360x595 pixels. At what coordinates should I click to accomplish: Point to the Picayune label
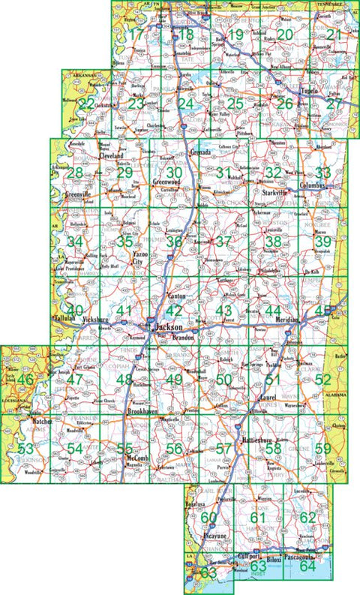[x=201, y=539]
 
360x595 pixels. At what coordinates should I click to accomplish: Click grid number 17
[x=135, y=35]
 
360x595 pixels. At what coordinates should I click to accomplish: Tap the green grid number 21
[x=334, y=35]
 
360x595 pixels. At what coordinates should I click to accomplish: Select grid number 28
[x=74, y=173]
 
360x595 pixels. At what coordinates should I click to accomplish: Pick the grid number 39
[x=322, y=242]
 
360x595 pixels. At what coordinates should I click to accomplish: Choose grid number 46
[x=25, y=380]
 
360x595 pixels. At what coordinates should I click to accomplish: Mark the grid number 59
[x=322, y=449]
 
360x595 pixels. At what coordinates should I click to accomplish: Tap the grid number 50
[x=223, y=380]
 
